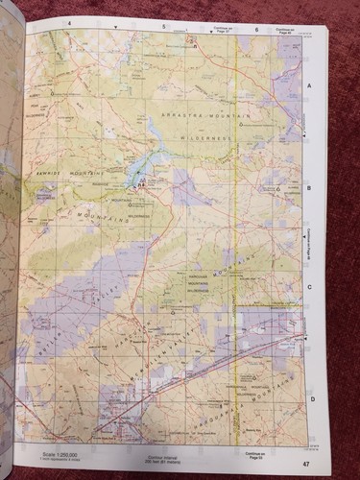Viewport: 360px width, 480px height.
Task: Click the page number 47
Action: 305,466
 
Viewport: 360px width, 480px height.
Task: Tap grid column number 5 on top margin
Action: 163,26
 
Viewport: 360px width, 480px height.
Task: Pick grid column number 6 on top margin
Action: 256,30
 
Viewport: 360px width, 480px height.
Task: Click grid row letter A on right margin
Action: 309,86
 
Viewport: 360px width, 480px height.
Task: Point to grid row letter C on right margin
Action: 309,288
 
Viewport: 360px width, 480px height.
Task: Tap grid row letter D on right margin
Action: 311,396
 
